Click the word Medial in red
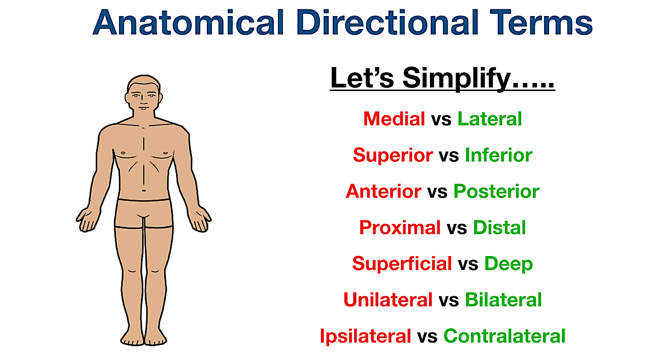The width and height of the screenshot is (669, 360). tap(394, 119)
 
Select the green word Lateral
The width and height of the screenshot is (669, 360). tap(490, 119)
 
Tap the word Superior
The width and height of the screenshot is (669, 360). tap(392, 155)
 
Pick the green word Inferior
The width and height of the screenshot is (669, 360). tap(498, 155)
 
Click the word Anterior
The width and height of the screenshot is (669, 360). tap(384, 191)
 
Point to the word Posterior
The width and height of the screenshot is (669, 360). tap(496, 192)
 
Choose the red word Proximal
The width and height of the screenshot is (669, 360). tap(400, 228)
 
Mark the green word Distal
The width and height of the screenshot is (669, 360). tap(500, 228)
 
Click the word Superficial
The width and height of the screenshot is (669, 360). tap(402, 264)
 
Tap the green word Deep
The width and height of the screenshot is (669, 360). tap(508, 264)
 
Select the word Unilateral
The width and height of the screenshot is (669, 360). tap(388, 300)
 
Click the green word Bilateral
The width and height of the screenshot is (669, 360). tap(503, 300)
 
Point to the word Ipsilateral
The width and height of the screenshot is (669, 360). tap(365, 336)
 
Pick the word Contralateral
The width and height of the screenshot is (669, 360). tap(504, 336)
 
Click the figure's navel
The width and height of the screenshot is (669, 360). tap(144, 190)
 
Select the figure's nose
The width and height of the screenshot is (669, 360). tap(143, 101)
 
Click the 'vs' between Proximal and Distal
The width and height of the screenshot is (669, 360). tap(457, 228)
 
